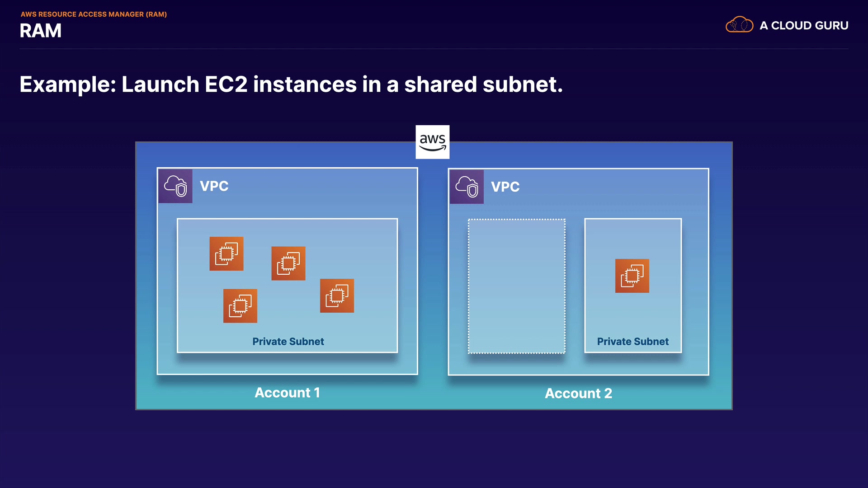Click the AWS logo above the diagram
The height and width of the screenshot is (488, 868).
pyautogui.click(x=432, y=142)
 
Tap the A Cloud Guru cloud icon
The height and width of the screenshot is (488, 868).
pyautogui.click(x=739, y=25)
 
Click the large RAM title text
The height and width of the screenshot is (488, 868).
pyautogui.click(x=41, y=31)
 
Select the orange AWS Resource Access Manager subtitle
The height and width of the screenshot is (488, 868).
pyautogui.click(x=94, y=14)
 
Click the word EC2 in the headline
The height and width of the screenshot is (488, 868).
pyautogui.click(x=226, y=84)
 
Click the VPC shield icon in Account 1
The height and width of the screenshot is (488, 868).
pyautogui.click(x=175, y=186)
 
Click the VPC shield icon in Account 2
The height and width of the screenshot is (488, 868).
pyautogui.click(x=467, y=187)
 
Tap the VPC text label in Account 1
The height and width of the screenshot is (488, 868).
pyautogui.click(x=214, y=186)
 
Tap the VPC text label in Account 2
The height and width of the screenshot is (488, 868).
pyautogui.click(x=505, y=187)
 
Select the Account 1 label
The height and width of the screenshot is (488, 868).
pyautogui.click(x=288, y=393)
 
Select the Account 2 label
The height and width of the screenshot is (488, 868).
pyautogui.click(x=578, y=394)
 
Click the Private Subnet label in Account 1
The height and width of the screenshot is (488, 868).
pyautogui.click(x=288, y=342)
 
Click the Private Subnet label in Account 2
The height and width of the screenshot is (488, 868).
pyautogui.click(x=632, y=342)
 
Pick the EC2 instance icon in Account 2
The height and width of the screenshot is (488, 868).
pyautogui.click(x=632, y=276)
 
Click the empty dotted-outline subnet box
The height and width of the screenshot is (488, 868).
pyautogui.click(x=516, y=286)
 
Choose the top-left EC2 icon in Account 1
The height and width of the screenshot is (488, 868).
pyautogui.click(x=226, y=253)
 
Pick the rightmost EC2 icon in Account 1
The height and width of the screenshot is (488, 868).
pyautogui.click(x=337, y=296)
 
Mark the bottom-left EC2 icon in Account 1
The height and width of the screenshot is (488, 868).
pyautogui.click(x=240, y=306)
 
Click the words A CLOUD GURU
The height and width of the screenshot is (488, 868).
pyautogui.click(x=804, y=26)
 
